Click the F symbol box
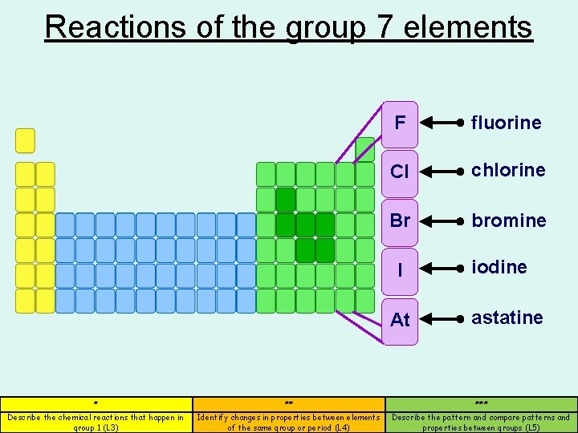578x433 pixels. tap(400, 124)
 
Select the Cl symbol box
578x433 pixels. tap(400, 172)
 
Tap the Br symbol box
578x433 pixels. tap(400, 221)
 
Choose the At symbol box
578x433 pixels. tap(400, 319)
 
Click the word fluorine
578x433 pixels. tap(506, 123)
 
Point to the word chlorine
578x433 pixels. tap(508, 170)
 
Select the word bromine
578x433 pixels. tap(508, 220)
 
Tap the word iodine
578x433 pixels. tap(499, 267)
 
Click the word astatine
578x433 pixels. tap(507, 318)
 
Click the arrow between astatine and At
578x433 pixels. tap(442, 319)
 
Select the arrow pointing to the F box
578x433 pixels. tap(442, 123)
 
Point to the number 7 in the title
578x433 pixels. tap(382, 26)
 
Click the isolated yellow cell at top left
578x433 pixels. tap(26, 140)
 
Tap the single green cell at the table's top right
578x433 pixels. tap(365, 149)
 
